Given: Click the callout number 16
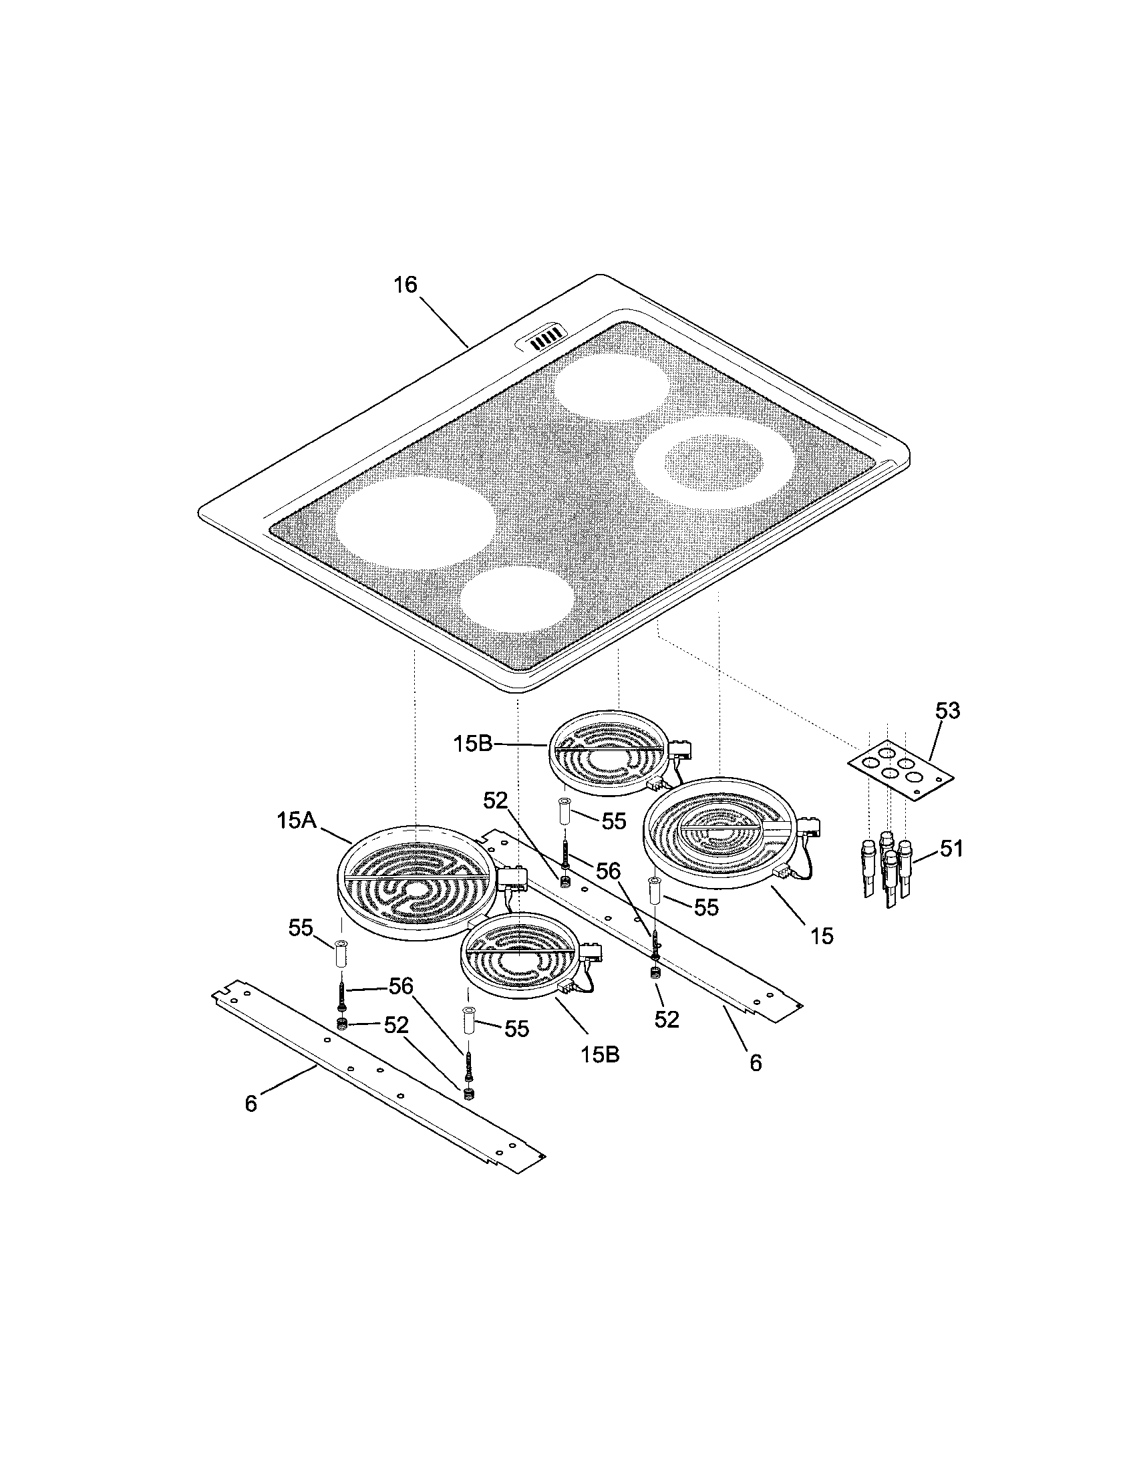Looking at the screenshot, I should point(405,285).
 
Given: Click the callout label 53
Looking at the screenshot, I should point(947,711).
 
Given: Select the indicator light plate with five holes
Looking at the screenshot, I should point(901,768).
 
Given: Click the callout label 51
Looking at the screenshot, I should point(951,849).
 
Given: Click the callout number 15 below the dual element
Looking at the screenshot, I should point(822,935).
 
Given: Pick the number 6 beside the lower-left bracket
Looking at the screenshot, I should point(251,1104).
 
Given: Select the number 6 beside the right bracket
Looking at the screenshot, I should point(756,1063).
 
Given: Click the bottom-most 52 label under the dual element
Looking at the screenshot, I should point(666,1020).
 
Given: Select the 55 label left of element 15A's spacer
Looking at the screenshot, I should point(301,928).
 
